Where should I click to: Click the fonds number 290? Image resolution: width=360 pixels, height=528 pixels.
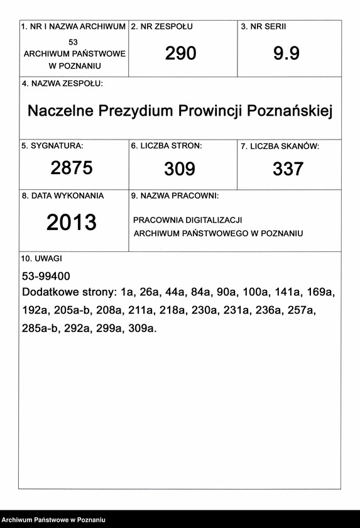[181, 54]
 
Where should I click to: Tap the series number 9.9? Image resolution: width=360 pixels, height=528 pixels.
[286, 54]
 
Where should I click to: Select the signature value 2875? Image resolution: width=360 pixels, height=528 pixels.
[72, 168]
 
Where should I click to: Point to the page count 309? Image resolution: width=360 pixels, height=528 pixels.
[180, 168]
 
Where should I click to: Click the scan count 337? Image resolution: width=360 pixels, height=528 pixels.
[288, 168]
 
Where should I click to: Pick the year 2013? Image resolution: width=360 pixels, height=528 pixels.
[72, 223]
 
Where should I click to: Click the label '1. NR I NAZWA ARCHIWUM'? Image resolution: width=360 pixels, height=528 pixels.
[74, 28]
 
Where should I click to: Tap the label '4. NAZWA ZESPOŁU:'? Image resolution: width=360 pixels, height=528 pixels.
[62, 84]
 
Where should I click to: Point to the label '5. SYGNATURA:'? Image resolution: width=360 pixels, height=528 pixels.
[52, 146]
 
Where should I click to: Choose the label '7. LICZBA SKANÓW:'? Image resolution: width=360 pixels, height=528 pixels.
[280, 146]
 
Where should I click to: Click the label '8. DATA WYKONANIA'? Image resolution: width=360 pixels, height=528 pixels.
[63, 196]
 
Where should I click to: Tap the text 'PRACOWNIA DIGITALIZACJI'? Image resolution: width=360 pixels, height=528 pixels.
[188, 220]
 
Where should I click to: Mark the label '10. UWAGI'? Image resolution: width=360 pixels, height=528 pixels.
[42, 258]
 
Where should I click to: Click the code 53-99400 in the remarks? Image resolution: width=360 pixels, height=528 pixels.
[46, 276]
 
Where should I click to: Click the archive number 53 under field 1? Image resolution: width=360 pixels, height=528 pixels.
[74, 41]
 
